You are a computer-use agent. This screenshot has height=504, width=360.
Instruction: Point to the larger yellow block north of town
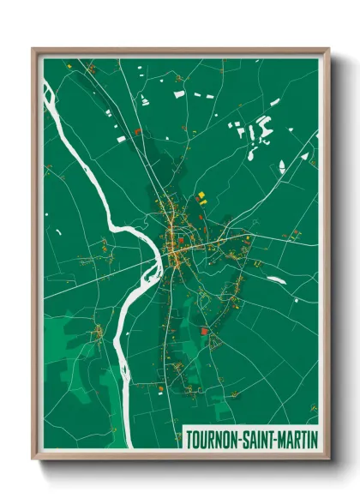coord(201,196)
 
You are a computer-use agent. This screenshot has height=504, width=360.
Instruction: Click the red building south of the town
coord(204,332)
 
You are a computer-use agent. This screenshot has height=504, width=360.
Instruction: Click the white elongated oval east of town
coord(275,279)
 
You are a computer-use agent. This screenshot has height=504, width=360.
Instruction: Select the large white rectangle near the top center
coord(179,93)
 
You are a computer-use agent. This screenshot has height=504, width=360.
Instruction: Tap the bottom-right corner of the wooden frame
coord(327,458)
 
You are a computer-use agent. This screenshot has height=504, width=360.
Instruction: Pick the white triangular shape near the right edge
coord(304,157)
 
